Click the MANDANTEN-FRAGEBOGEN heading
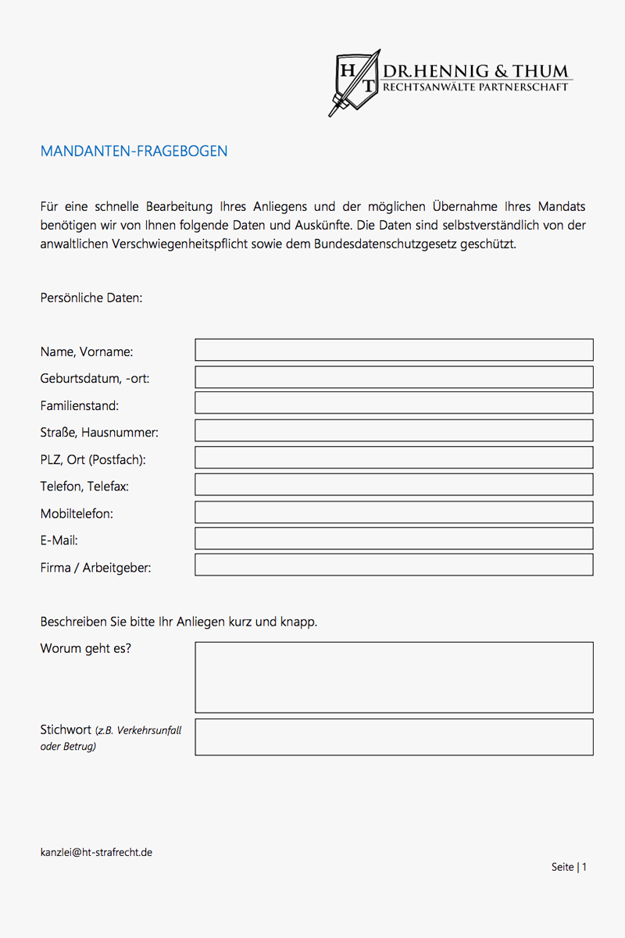tap(134, 152)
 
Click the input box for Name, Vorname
tap(394, 350)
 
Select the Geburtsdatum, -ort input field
tap(394, 377)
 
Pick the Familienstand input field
tap(394, 404)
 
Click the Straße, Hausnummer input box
tap(394, 430)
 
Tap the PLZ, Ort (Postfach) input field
tap(394, 458)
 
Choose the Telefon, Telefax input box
tap(394, 484)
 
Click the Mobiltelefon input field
tap(394, 512)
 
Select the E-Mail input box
tap(394, 538)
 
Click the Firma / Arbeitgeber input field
tap(394, 565)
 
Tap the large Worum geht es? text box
tap(394, 677)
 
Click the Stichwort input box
tap(394, 737)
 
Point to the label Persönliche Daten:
tap(91, 298)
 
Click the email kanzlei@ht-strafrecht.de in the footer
tap(96, 852)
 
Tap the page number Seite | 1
tap(569, 867)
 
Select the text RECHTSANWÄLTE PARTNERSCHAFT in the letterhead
tap(475, 87)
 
